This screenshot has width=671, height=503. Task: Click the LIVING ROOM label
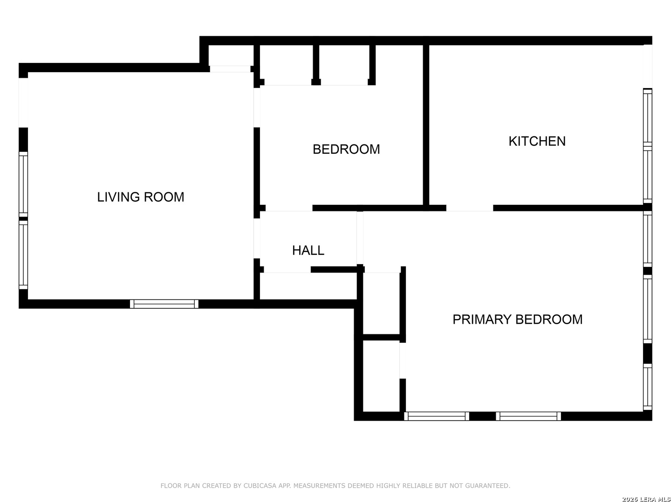coord(141,197)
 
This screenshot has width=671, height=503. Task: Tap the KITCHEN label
coord(537,141)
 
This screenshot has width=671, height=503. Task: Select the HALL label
coord(308,251)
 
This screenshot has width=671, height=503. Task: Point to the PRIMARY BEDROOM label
coord(518,319)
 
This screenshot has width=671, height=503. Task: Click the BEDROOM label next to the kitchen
coord(346,150)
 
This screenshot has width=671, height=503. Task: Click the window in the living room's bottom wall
coord(164,304)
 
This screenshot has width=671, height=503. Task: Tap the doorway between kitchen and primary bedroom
coord(470,208)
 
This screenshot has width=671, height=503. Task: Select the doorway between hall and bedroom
coord(289,208)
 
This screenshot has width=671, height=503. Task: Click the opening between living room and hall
coord(257,238)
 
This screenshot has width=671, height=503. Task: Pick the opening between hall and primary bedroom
coord(360,238)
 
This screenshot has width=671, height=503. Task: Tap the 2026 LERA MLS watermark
coord(646,499)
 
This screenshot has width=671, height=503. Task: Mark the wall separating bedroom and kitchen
coord(426,125)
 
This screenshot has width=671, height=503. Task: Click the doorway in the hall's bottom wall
coord(288,269)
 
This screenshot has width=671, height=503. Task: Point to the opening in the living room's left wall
coord(23,102)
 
